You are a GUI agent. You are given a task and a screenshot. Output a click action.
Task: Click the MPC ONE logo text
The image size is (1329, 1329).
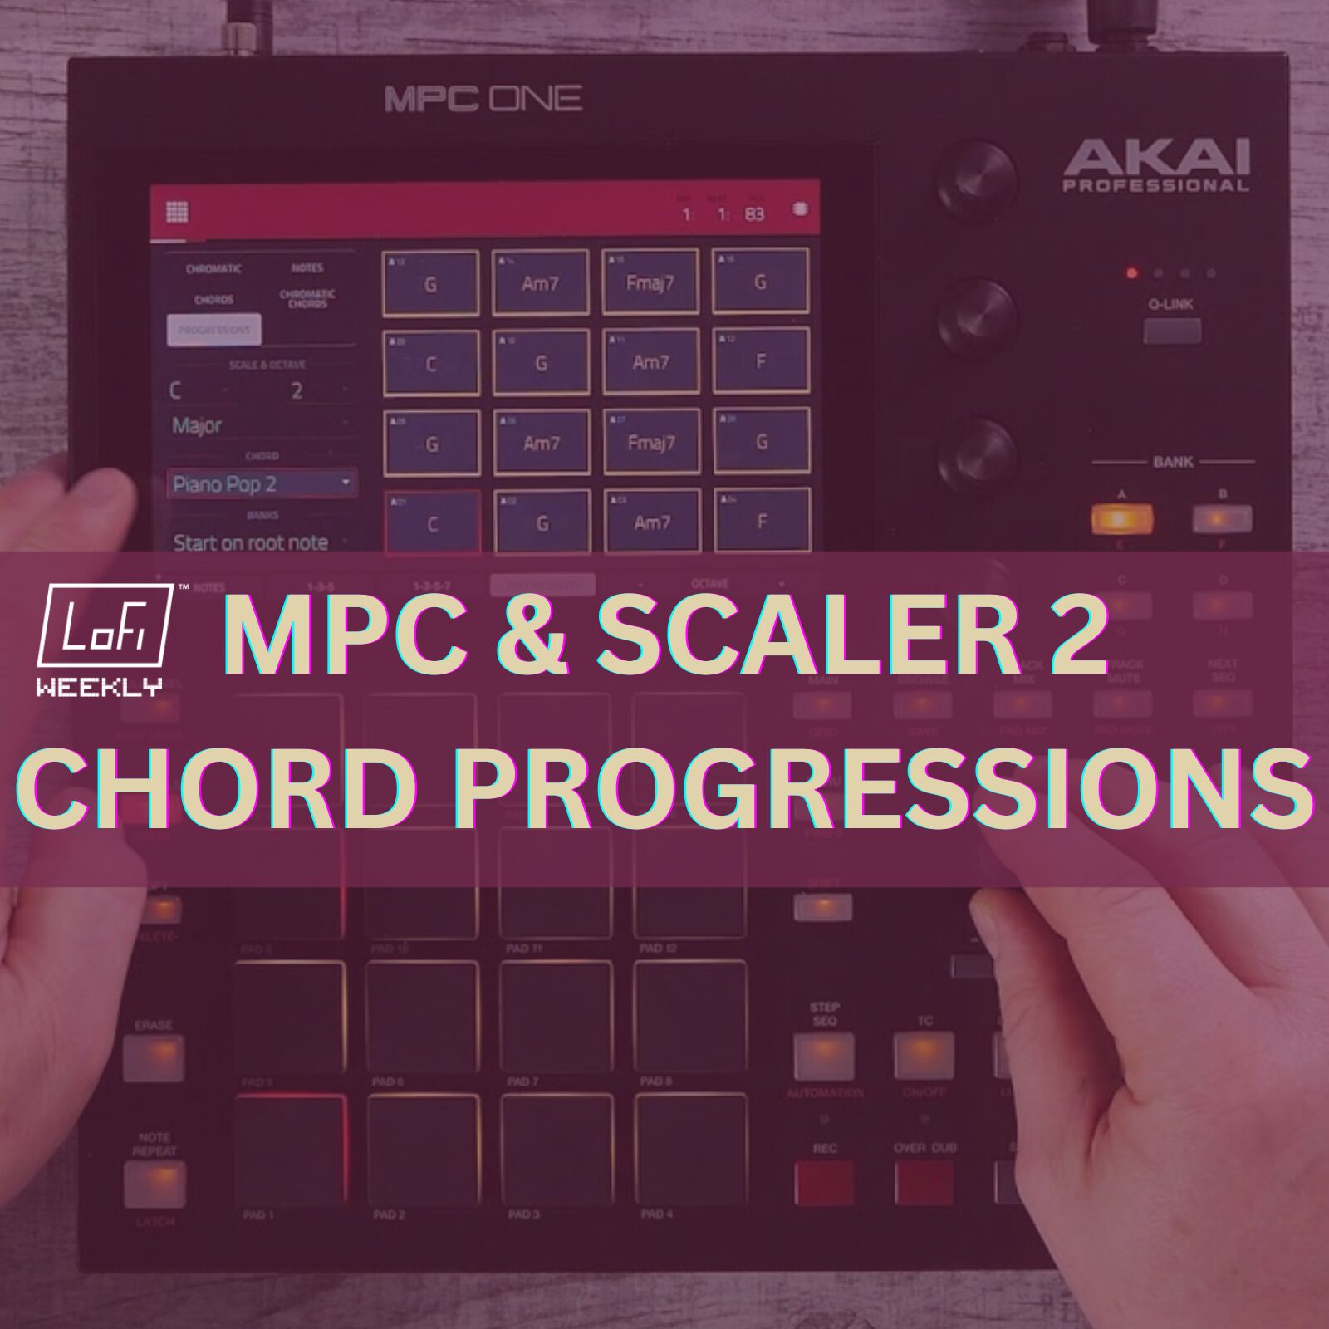(483, 100)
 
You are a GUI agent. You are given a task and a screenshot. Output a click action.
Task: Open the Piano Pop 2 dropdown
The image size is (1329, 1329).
(262, 483)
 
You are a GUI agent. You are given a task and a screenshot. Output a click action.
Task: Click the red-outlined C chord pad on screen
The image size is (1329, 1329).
(432, 523)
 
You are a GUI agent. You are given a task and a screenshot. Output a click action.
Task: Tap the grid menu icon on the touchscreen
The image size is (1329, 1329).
(177, 212)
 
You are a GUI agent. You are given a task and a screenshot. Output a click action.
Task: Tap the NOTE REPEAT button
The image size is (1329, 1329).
(154, 1181)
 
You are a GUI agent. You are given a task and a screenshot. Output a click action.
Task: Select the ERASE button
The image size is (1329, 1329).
(154, 1058)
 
